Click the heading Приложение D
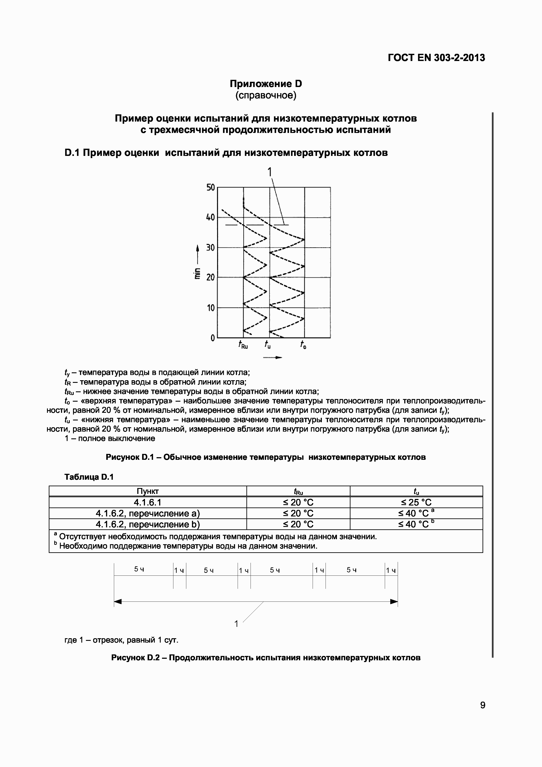click(x=266, y=84)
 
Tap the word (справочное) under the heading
click(x=266, y=96)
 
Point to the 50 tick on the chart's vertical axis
click(x=210, y=187)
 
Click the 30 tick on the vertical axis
click(x=210, y=248)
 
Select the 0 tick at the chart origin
click(x=212, y=338)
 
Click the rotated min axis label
click(x=197, y=273)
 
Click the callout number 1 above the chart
click(x=270, y=172)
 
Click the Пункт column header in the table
click(x=148, y=491)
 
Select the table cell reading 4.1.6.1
click(x=148, y=502)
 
